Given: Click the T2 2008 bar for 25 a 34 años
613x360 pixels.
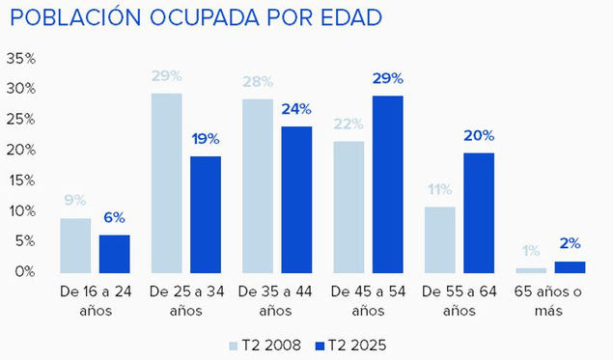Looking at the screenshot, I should coord(166,182).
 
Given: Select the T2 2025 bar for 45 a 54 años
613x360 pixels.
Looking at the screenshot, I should coord(386,183).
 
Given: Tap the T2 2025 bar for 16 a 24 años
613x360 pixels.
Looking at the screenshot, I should coord(114,253).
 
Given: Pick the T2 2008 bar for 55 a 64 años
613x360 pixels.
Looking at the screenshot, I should coord(439,238).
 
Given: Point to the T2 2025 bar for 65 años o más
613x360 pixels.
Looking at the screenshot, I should coord(570,266).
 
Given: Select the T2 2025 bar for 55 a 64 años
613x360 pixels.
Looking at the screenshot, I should coord(478,212).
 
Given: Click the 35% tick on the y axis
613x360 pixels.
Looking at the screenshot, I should coord(20,59).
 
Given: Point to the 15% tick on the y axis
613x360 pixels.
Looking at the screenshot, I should coord(20,180).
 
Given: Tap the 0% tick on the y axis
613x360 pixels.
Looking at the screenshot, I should coord(24,272).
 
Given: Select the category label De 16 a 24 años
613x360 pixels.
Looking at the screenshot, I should coord(95,299).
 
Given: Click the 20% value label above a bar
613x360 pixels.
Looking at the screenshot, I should coord(479,136).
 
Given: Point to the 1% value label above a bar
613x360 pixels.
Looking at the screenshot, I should coord(530,252).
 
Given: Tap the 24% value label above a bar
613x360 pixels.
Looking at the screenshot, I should coord(296,110).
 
